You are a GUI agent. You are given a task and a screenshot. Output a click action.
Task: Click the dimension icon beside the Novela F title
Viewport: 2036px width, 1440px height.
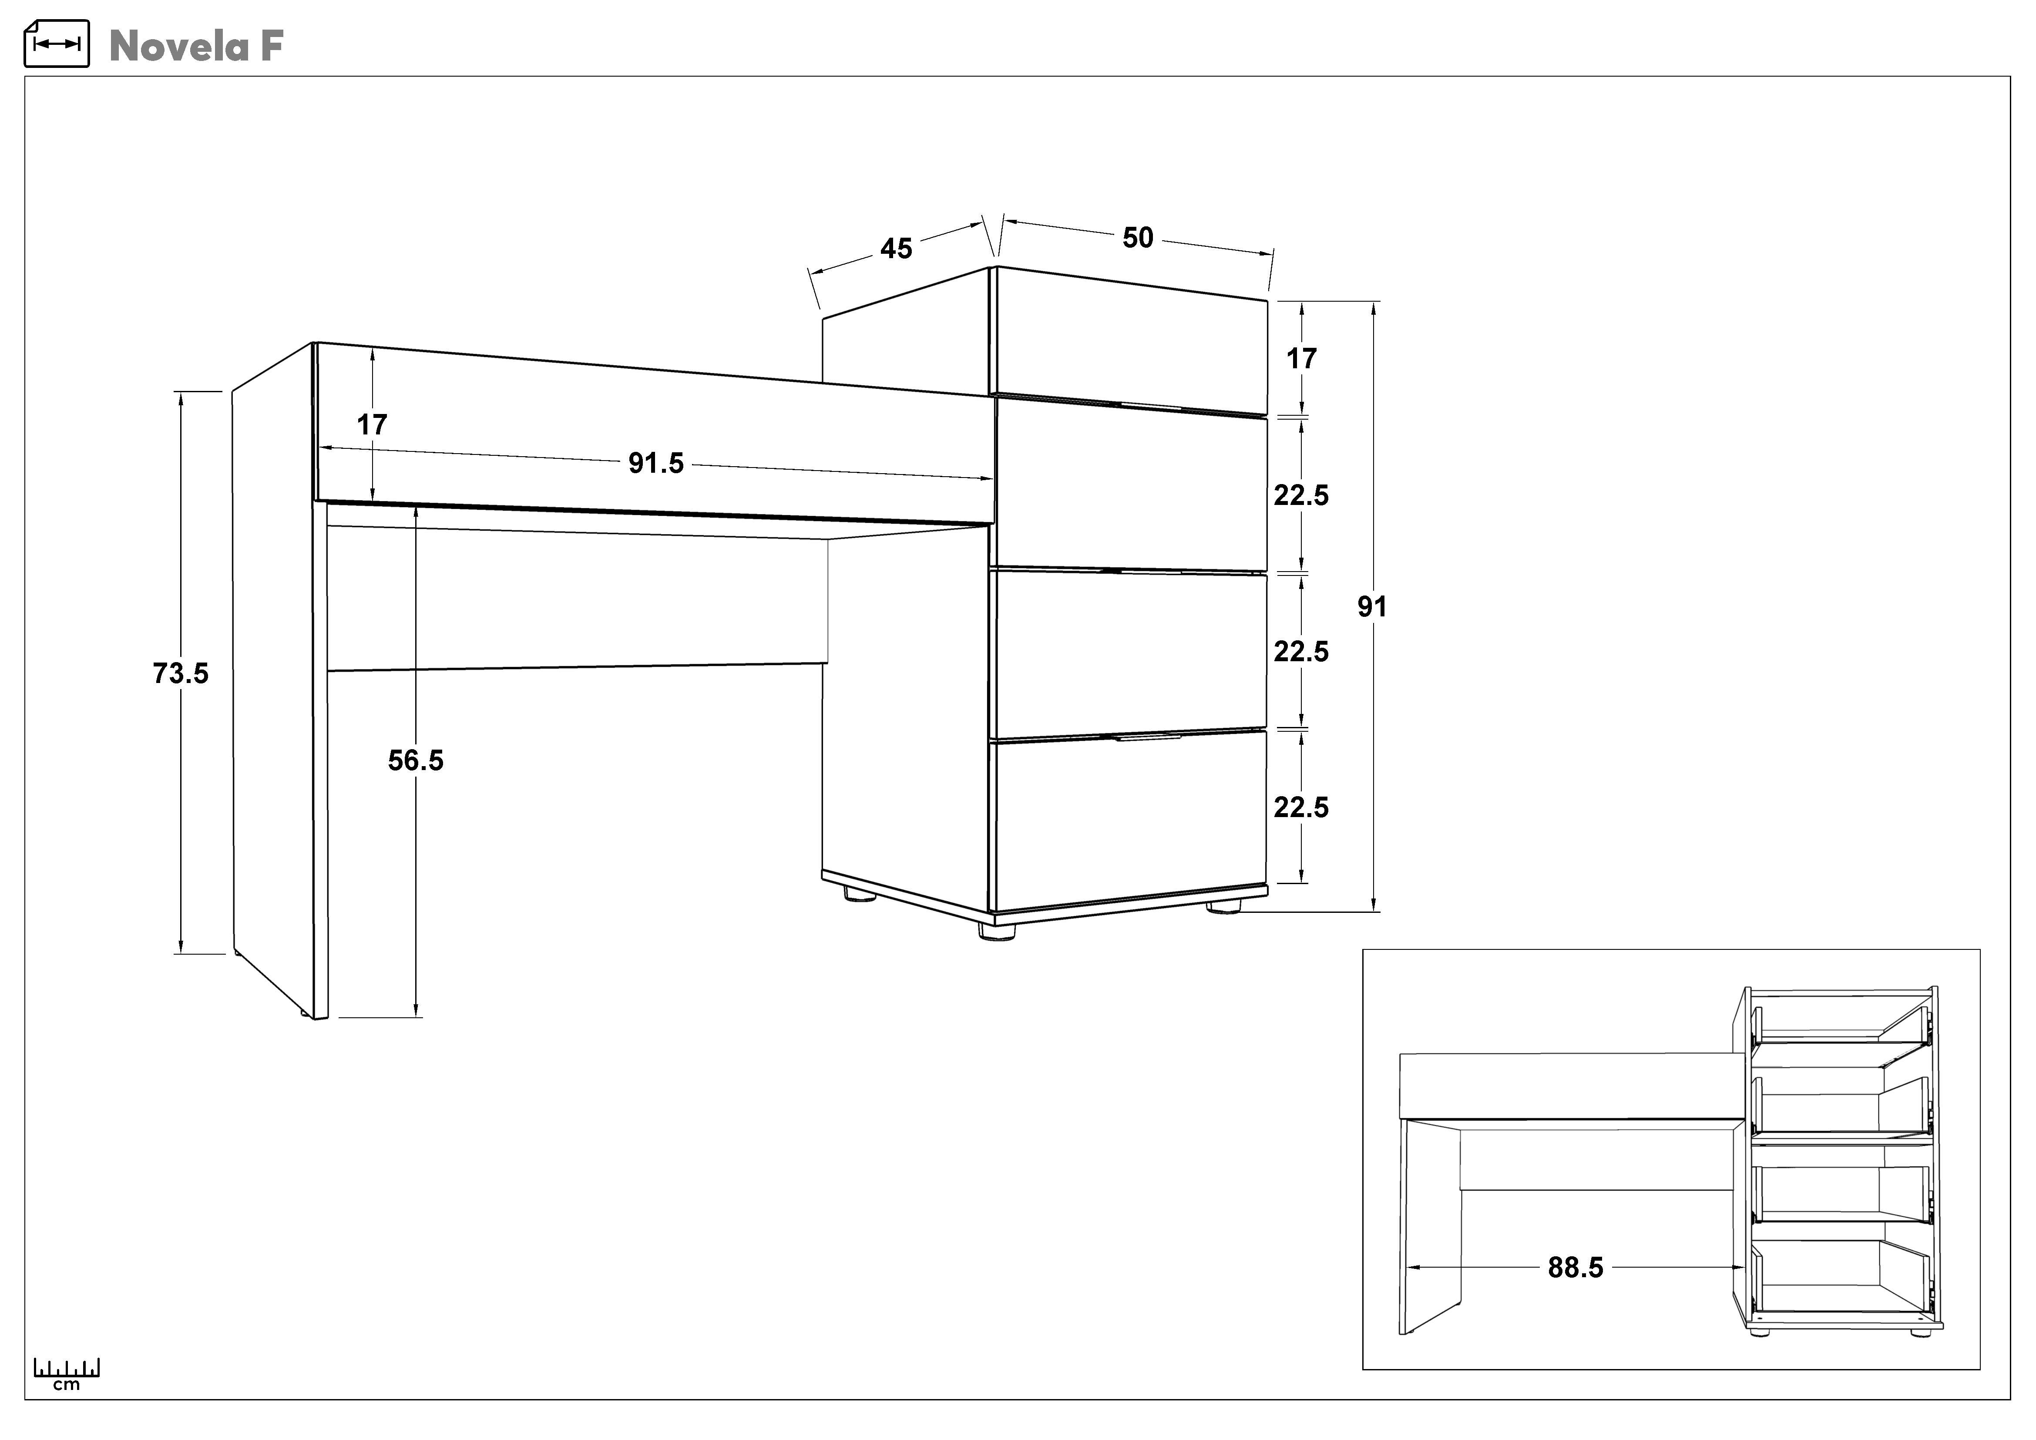(57, 44)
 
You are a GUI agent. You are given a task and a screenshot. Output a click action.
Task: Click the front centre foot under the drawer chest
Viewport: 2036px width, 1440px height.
(997, 932)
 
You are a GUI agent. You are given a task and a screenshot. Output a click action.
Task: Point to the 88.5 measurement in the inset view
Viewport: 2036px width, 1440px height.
(1576, 1268)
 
